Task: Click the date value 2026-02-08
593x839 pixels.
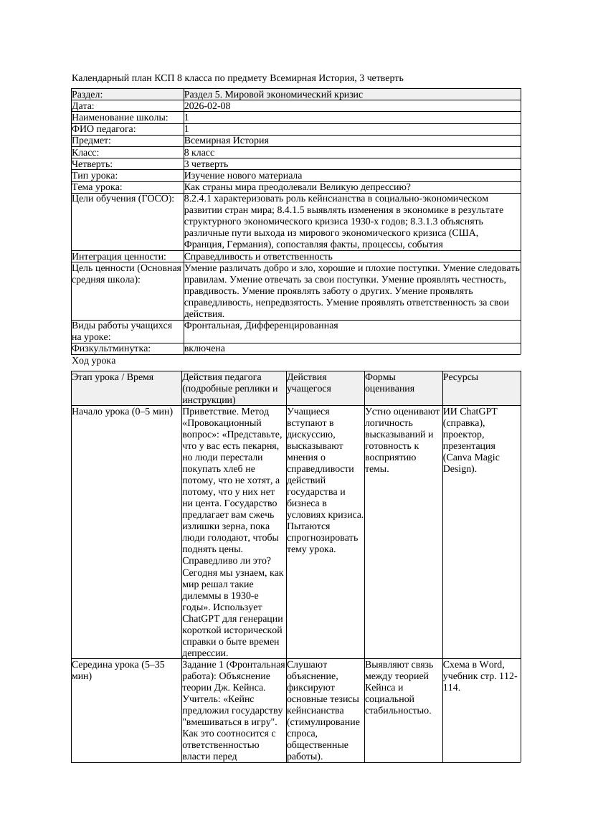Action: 207,106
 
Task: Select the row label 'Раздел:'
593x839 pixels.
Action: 87,95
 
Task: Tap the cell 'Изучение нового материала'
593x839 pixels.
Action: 243,176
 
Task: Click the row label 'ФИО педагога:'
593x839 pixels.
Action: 104,129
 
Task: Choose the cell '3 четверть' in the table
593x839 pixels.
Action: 206,164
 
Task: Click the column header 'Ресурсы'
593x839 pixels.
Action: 460,377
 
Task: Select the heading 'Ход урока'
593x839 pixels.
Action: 94,361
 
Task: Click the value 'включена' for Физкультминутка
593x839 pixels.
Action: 204,349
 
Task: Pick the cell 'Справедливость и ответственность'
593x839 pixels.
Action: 258,257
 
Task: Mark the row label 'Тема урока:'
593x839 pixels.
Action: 98,187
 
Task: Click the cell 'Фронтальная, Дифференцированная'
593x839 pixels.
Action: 261,326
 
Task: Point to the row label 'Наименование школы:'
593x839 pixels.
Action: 120,118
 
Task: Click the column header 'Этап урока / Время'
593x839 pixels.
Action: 112,377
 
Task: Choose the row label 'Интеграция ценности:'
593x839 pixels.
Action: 118,257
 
